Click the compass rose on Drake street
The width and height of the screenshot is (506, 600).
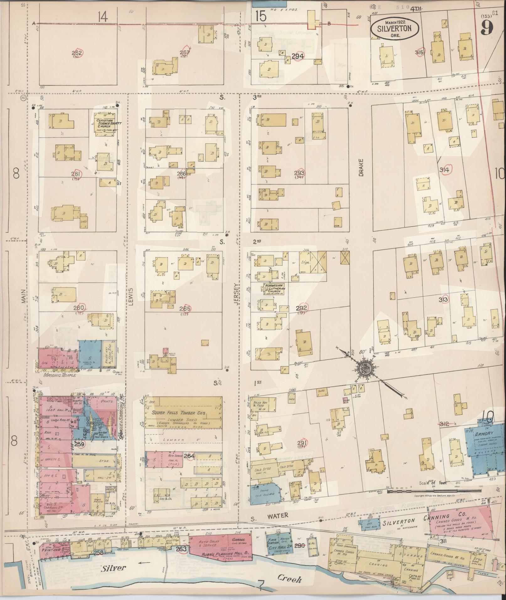(x=365, y=367)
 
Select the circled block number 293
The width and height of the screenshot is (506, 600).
(x=300, y=173)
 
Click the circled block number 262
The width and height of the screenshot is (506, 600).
(x=77, y=53)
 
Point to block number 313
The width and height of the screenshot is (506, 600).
(x=443, y=300)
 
